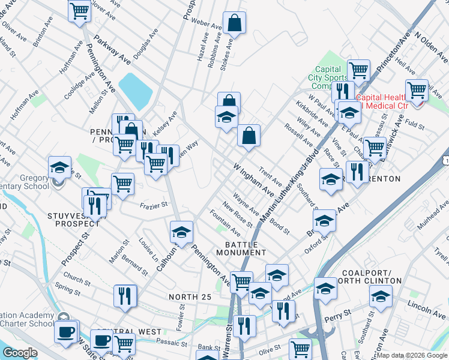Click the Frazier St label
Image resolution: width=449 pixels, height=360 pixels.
tap(153, 205)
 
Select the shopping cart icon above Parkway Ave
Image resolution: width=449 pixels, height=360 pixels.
tap(79, 10)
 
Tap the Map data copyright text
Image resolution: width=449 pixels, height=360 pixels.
tap(412, 355)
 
